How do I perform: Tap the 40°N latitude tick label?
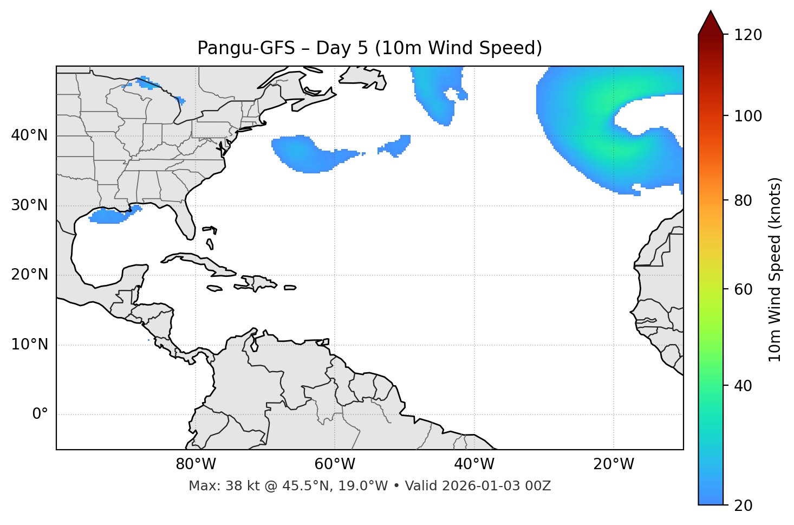point(29,135)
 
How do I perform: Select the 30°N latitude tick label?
point(29,205)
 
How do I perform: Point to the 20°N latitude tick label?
point(29,275)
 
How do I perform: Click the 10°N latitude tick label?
point(29,345)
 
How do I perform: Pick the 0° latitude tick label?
point(40,414)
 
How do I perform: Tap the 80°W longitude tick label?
point(196,464)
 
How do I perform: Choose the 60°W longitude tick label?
point(335,464)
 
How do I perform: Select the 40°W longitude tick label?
point(474,464)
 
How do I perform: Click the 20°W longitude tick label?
point(613,464)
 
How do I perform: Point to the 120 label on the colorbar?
point(748,35)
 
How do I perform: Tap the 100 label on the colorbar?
point(748,116)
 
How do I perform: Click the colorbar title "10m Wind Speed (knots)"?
point(775,269)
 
